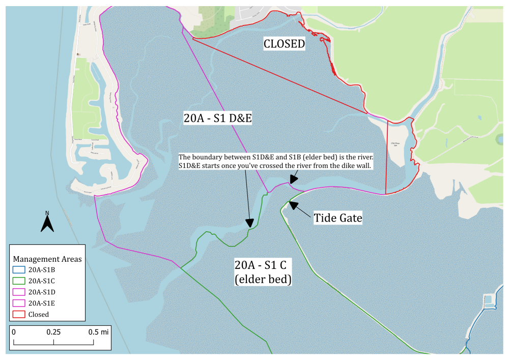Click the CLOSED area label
pos(284,44)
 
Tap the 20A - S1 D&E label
pos(218,119)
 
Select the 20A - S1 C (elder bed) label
pos(263,272)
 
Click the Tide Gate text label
pos(337,218)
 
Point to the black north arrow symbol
pos(47,224)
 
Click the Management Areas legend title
pos(47,259)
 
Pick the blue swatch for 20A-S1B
pos(19,270)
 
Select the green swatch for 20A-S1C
pos(19,281)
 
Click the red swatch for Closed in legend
pos(19,315)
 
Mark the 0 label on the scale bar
pos(14,332)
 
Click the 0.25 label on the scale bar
pos(53,332)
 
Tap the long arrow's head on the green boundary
pos(249,223)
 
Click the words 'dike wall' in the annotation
pos(358,167)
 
